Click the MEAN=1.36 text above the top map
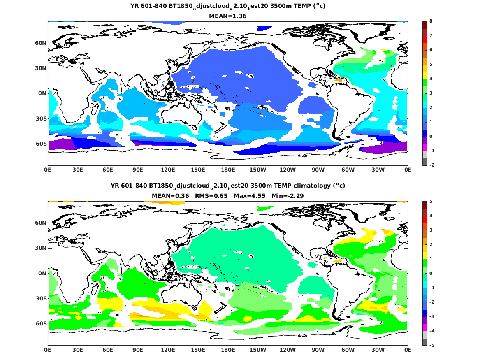click(x=228, y=16)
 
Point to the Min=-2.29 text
click(x=288, y=196)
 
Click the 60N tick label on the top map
click(x=40, y=43)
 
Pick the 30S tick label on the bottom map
click(x=41, y=298)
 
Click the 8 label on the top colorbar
click(x=430, y=21)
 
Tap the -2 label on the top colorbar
click(x=431, y=165)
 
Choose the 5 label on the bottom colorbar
click(x=430, y=202)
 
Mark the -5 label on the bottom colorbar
click(x=431, y=345)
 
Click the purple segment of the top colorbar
click(x=424, y=140)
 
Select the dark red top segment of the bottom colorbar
click(x=424, y=205)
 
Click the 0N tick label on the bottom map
click(x=42, y=273)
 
